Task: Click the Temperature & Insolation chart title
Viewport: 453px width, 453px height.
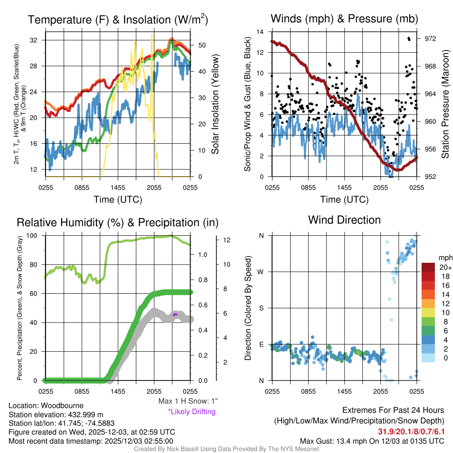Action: point(118,19)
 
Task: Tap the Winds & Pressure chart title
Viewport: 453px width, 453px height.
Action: point(344,19)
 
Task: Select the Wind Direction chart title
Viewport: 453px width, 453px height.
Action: point(344,220)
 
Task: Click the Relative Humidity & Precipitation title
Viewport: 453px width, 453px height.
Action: point(118,222)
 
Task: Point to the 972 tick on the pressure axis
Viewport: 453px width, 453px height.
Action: point(430,39)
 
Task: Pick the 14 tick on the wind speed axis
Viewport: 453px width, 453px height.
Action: point(261,32)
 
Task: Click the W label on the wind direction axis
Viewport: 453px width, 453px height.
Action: point(261,272)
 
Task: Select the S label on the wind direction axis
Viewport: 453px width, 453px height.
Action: point(261,308)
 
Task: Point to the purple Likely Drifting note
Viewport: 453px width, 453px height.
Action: point(192,412)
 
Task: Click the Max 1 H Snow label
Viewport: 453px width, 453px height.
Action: point(188,401)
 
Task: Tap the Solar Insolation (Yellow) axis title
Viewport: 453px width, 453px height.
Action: point(215,104)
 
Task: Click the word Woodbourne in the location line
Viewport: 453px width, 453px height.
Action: point(62,406)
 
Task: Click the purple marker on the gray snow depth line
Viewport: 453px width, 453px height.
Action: point(175,314)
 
